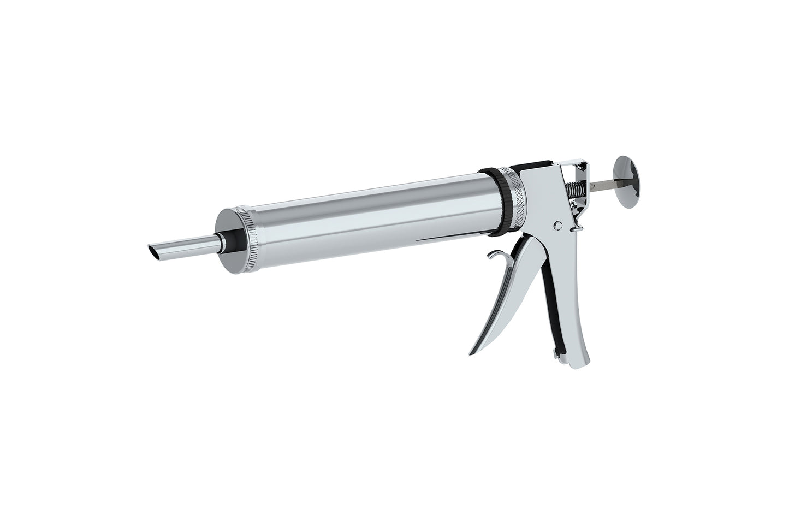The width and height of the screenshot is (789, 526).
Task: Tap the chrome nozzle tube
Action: coord(186,244)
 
